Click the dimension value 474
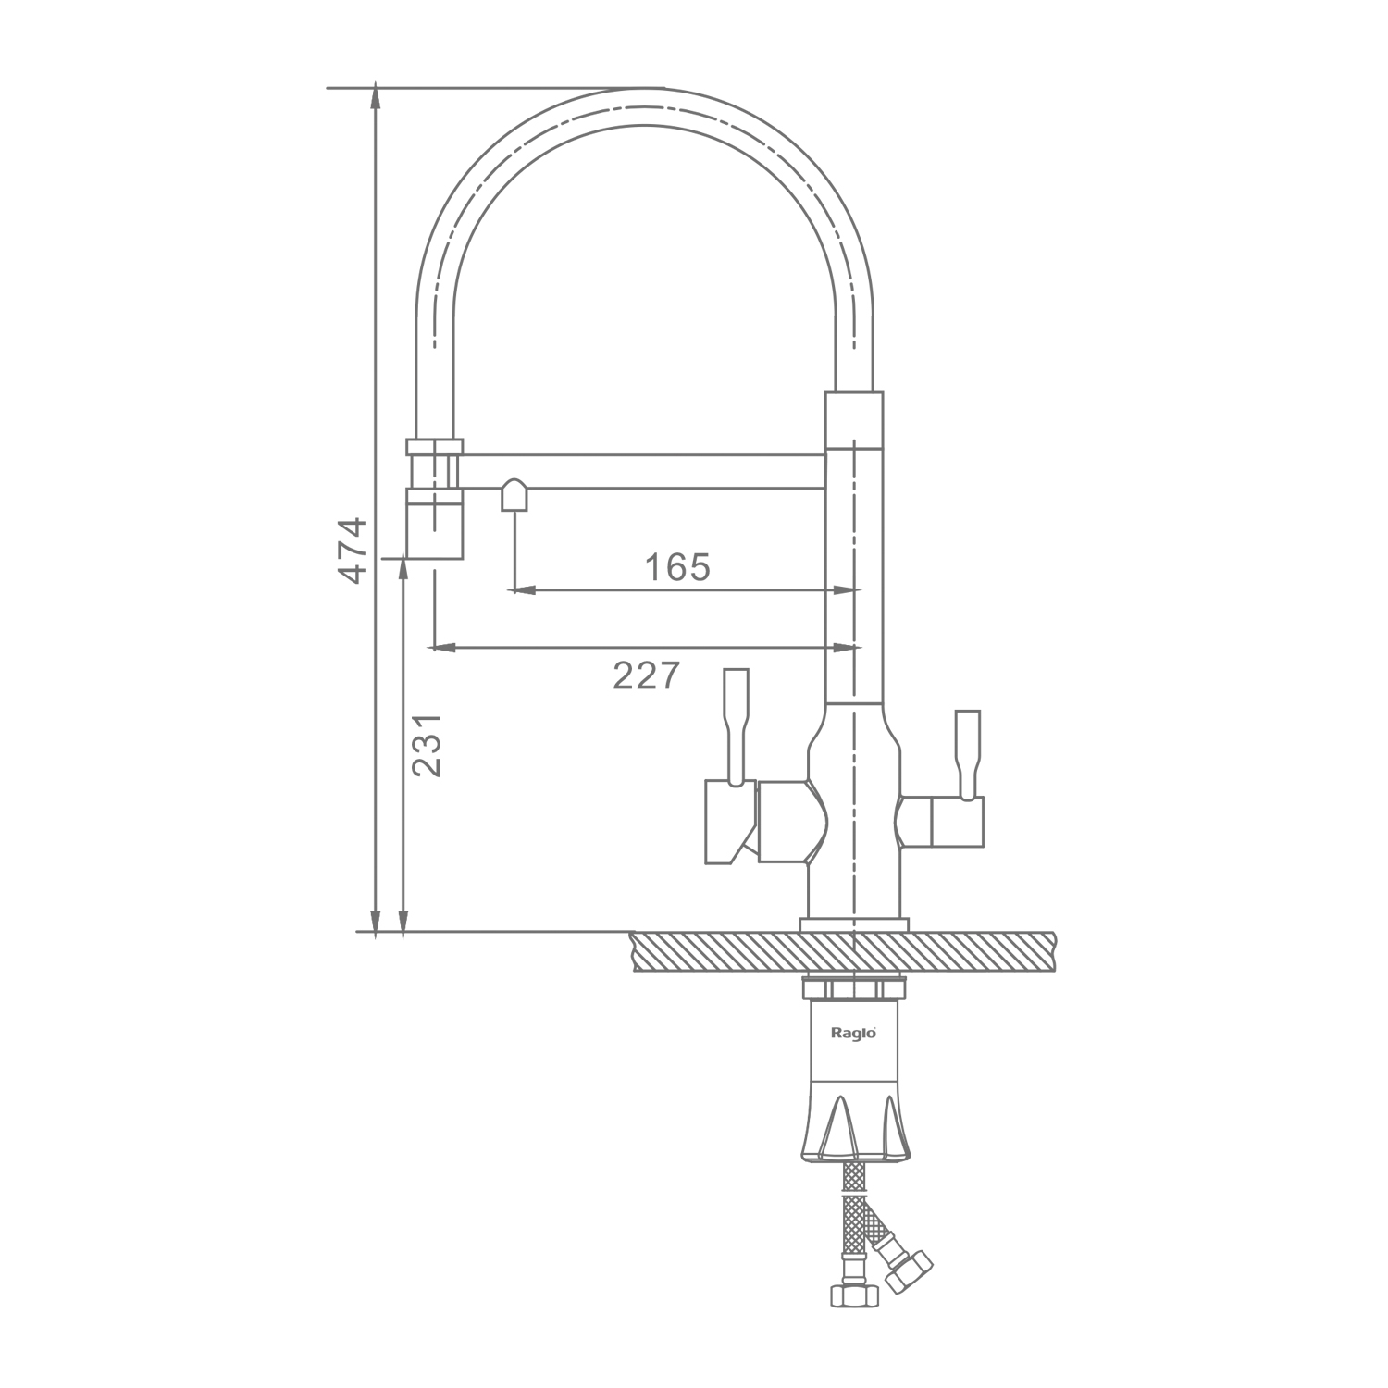click(353, 551)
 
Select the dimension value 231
click(427, 745)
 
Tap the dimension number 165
click(677, 566)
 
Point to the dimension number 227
click(646, 675)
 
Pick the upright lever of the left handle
click(736, 725)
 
